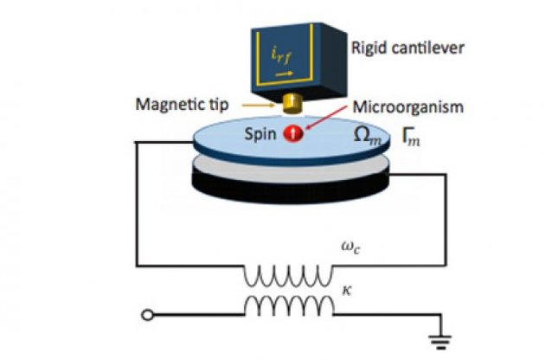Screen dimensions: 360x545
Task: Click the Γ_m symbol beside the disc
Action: [x=410, y=136]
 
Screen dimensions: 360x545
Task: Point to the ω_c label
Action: [x=347, y=244]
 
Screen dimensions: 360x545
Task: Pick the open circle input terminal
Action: [x=149, y=314]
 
